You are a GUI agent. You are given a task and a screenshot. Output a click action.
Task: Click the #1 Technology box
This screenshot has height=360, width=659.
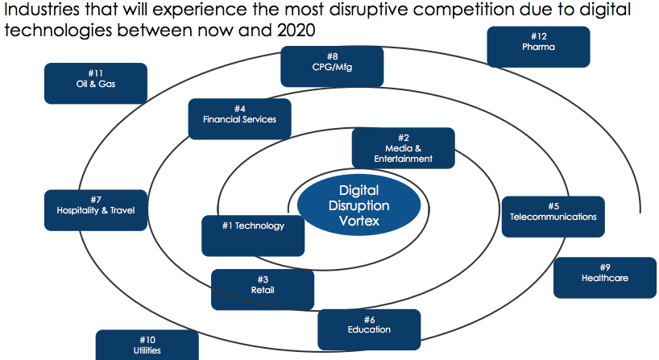pos(253,234)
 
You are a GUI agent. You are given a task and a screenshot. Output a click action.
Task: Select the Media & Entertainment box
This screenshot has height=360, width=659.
pos(403,148)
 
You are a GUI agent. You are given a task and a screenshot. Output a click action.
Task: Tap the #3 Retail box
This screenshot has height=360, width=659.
pos(263,289)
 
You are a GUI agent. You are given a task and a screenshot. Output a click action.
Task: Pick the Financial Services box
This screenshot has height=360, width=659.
pos(239,119)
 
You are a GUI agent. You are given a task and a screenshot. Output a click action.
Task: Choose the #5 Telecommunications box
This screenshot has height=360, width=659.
pos(553,217)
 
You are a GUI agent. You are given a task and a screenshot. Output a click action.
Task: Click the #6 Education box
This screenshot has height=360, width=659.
pos(369,329)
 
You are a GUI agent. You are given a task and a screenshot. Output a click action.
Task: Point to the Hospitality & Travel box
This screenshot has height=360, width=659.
pos(96,210)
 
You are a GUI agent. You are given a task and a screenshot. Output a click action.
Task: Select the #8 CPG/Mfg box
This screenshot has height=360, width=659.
pos(332,67)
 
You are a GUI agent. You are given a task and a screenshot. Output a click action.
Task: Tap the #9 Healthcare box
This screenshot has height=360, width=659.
pos(604,277)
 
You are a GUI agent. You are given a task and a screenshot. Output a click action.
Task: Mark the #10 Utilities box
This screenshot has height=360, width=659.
pos(147,345)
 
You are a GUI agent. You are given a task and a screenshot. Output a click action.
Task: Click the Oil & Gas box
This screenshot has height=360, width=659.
pos(96,83)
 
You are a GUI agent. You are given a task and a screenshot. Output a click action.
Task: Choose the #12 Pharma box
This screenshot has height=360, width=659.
pos(538,47)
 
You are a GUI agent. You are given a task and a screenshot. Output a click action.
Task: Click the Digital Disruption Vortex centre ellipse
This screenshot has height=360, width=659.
pos(359,205)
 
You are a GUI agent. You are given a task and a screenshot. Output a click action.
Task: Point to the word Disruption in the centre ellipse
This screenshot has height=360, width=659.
pos(359,205)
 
